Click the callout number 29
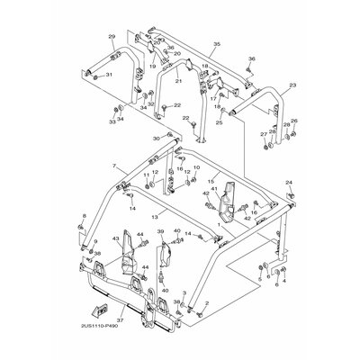pos(112,36)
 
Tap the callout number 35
pos(216,44)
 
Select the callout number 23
pos(292,85)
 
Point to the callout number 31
pos(109,75)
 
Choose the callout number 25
pos(219,122)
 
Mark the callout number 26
pos(293,121)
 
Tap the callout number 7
pos(114,167)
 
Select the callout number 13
pos(155,217)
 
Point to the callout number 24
pos(290,183)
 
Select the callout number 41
pos(214,189)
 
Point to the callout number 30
pos(156,139)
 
